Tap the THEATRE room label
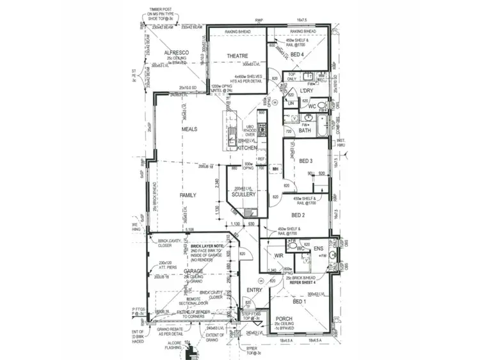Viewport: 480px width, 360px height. click(237, 57)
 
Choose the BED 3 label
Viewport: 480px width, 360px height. click(306, 160)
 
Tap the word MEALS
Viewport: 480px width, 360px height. click(189, 129)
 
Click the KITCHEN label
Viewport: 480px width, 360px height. click(247, 148)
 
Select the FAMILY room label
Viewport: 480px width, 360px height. click(188, 195)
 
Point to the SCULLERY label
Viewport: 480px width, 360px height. click(244, 194)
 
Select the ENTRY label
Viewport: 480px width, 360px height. click(255, 290)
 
